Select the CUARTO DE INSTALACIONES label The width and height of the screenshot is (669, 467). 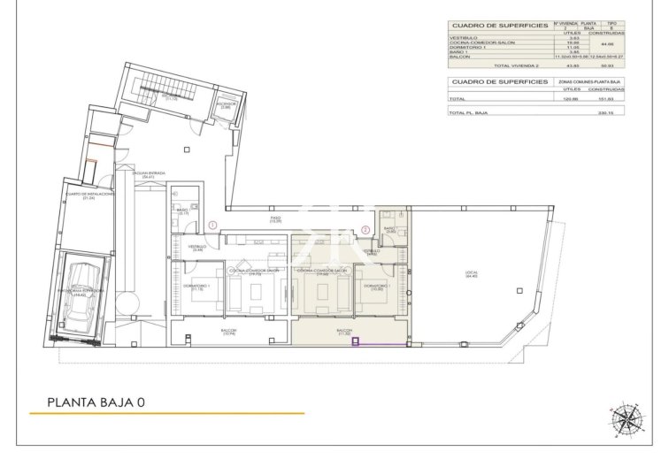tap(88, 195)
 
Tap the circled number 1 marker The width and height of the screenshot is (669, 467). tap(212, 226)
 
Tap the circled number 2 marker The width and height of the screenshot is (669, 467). tap(365, 230)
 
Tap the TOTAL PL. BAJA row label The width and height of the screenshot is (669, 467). tap(469, 113)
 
